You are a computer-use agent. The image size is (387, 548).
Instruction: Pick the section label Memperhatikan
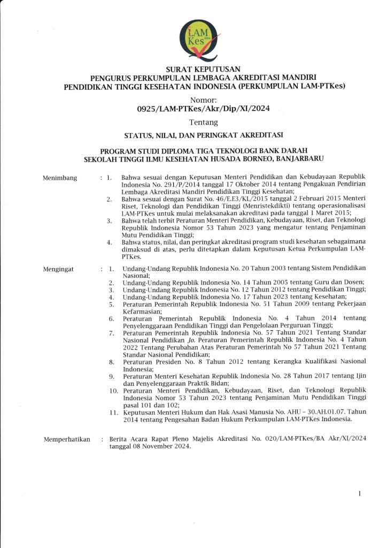[x=67, y=440]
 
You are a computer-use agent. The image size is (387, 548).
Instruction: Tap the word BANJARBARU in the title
[x=298, y=158]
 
